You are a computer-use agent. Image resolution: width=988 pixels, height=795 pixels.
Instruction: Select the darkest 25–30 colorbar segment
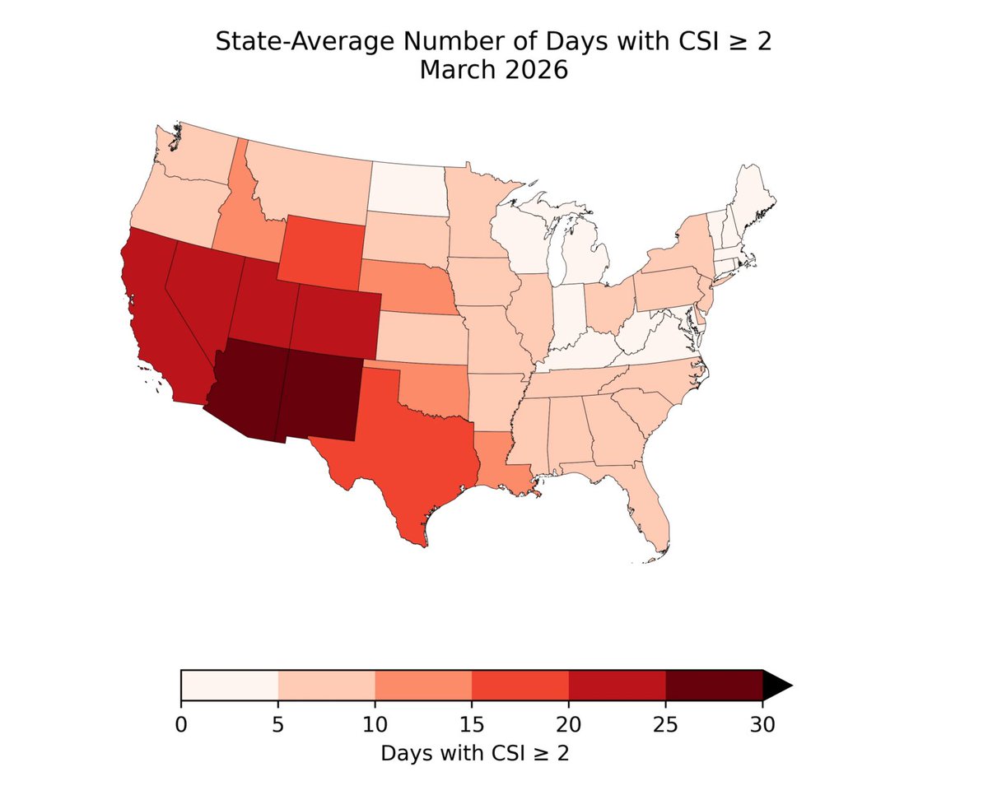pyautogui.click(x=714, y=685)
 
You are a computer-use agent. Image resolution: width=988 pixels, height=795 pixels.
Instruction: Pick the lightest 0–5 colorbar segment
pyautogui.click(x=230, y=685)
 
